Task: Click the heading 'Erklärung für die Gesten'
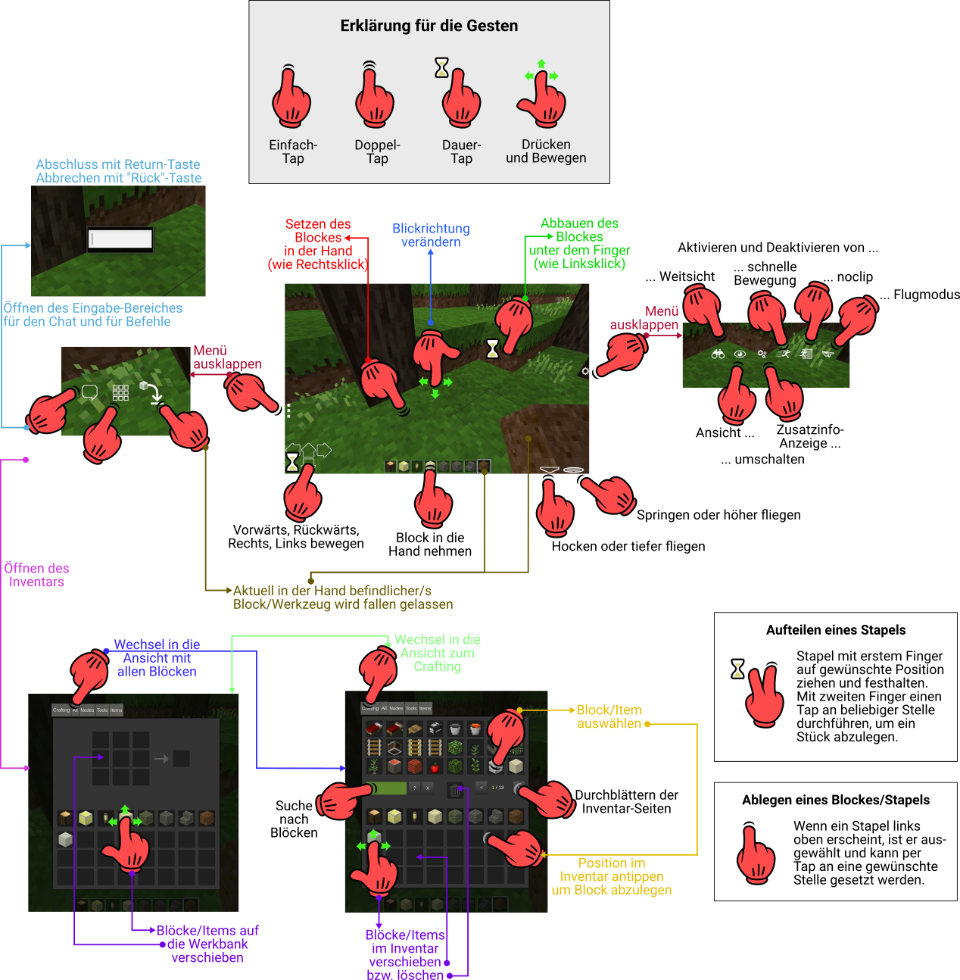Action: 429,26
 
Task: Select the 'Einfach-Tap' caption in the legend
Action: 293,151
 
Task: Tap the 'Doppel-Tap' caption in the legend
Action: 377,151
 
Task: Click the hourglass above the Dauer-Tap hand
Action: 441,67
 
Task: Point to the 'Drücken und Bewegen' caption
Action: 546,151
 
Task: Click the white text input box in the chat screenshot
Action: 120,239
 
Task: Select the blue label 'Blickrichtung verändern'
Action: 431,236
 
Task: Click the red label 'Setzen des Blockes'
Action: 318,244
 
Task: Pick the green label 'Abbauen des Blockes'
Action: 579,243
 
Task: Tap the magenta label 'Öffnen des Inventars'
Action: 36,576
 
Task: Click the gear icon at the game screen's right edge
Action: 585,371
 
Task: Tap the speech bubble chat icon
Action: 89,392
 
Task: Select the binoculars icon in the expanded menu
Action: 718,354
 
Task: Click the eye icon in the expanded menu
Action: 740,354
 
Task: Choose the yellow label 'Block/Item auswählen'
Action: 609,717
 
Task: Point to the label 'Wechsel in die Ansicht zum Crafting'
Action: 437,653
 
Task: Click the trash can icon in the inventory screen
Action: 454,790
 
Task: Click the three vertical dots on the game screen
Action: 288,410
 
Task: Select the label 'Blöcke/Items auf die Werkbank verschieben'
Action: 207,944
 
